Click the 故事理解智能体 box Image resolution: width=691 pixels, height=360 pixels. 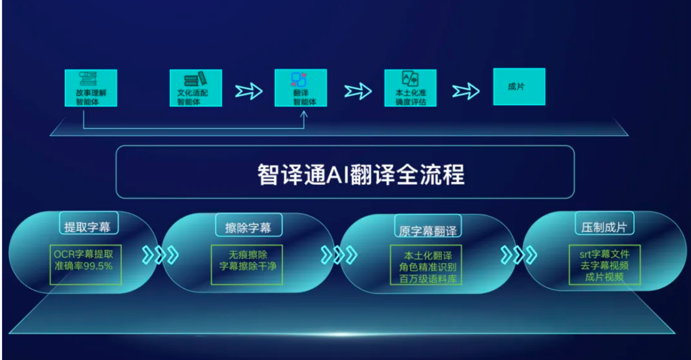point(91,88)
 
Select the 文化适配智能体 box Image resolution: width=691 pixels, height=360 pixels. point(196,88)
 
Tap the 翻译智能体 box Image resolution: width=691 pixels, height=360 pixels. point(301,88)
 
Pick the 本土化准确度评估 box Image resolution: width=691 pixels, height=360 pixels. point(410,88)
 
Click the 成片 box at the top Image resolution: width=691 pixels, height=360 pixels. point(519,87)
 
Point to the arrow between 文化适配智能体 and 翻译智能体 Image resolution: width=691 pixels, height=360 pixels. point(249,91)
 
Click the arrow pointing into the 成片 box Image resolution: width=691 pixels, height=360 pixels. point(466,91)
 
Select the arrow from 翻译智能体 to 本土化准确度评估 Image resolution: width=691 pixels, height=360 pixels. point(358,91)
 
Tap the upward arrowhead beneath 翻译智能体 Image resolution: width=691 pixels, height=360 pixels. point(304,115)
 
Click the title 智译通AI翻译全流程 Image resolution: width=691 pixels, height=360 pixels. point(361,174)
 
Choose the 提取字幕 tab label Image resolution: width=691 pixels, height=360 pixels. point(87,228)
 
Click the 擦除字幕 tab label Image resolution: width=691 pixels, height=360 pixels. point(248,228)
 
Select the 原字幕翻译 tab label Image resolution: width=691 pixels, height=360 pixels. point(428,231)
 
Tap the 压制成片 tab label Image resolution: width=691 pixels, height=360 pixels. point(604,228)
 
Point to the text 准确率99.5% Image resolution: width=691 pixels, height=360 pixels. point(83,266)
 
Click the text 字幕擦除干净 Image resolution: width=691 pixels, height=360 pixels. point(248,266)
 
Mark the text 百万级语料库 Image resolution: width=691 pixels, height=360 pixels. point(428,279)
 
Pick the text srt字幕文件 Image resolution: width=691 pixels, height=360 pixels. point(604,254)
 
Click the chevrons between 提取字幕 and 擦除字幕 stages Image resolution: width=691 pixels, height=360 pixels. point(160,255)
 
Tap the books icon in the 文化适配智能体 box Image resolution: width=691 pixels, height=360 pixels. point(196,79)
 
